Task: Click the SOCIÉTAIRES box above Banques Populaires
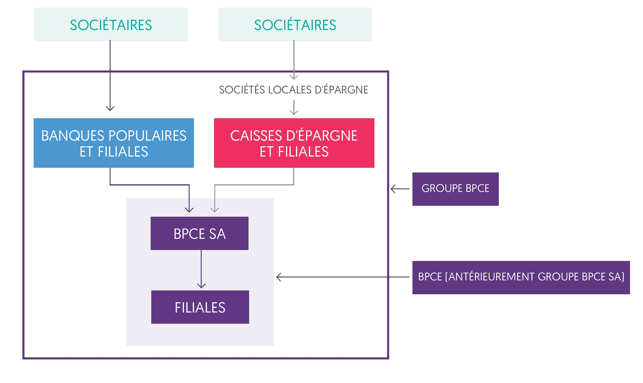coord(111,24)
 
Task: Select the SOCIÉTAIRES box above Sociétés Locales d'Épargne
coord(295,24)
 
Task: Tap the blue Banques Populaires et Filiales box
coord(114,143)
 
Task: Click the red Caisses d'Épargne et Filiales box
coord(294,143)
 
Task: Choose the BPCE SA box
coord(200,234)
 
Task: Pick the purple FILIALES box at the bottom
coord(200,307)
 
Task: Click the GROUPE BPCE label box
coord(455,189)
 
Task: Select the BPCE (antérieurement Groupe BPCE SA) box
coord(521,277)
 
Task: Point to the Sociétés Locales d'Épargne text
coord(293,90)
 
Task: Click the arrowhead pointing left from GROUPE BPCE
coord(393,189)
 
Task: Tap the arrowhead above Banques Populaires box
coord(110,109)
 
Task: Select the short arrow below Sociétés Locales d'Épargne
coord(294,107)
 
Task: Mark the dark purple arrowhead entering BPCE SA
coord(189,210)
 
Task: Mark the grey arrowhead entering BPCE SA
coord(215,210)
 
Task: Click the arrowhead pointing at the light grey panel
coord(279,277)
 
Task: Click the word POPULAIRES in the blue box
coord(147,136)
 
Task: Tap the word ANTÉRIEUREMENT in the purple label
coord(492,277)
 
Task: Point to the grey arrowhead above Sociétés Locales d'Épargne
coord(294,77)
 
